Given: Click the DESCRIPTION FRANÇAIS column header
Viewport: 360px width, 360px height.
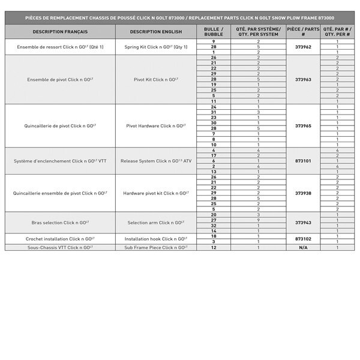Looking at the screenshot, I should tap(60, 31).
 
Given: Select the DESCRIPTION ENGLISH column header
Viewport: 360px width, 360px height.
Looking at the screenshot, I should tap(155, 31).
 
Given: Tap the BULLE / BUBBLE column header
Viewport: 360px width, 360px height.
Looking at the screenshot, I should tap(214, 31).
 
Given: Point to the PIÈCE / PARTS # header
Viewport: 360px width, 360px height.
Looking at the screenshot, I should tap(303, 31).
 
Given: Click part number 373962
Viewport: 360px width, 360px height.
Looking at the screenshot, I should tap(303, 46).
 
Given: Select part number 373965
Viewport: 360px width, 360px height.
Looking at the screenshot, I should tap(303, 126).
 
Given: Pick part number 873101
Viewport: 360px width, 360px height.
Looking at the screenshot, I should tap(303, 161).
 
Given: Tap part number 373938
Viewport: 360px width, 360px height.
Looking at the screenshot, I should tap(303, 193).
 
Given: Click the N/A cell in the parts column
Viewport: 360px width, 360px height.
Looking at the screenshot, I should tap(303, 247).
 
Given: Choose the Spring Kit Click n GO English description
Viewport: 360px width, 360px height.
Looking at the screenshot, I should tap(155, 46).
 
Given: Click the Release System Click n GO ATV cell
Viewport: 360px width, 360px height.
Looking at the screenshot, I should tap(155, 161).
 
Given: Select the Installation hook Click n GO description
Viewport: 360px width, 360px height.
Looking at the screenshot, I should tap(155, 238).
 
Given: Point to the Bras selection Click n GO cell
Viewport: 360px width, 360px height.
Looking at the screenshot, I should tap(60, 223).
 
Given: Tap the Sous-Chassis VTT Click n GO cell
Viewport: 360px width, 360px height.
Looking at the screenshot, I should tap(60, 247).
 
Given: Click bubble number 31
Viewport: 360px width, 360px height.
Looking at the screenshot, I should tap(214, 112).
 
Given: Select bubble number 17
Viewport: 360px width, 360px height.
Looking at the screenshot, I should tap(214, 155).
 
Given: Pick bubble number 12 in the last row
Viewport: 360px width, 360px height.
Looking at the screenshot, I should tap(214, 247).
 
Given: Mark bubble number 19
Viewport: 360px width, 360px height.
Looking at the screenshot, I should tap(214, 85).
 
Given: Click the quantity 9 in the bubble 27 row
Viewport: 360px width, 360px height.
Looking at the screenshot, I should tap(259, 220).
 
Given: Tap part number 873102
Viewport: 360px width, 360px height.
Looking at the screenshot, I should tap(303, 239).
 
